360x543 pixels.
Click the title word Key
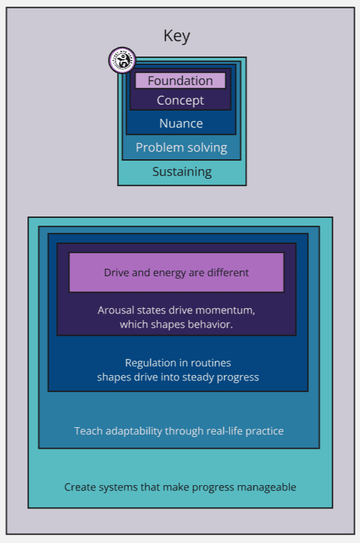pyautogui.click(x=177, y=36)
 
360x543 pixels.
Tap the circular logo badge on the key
pyautogui.click(x=122, y=60)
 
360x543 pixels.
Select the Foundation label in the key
pyautogui.click(x=181, y=81)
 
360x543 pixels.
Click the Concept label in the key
pyautogui.click(x=181, y=100)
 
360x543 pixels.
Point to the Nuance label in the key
pyautogui.click(x=181, y=124)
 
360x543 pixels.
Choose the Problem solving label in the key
pyautogui.click(x=181, y=148)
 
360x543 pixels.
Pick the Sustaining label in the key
pyautogui.click(x=182, y=172)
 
